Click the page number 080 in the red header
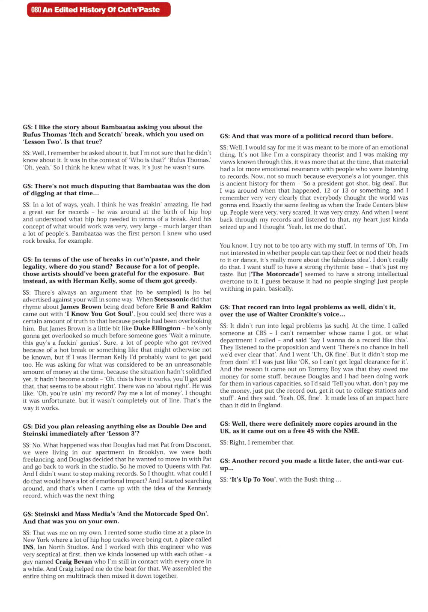(x=36, y=9)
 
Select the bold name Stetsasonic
(x=176, y=299)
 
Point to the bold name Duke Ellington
(x=157, y=328)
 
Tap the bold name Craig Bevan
(x=74, y=561)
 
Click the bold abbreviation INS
(x=28, y=547)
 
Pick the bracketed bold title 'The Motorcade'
(x=276, y=274)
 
